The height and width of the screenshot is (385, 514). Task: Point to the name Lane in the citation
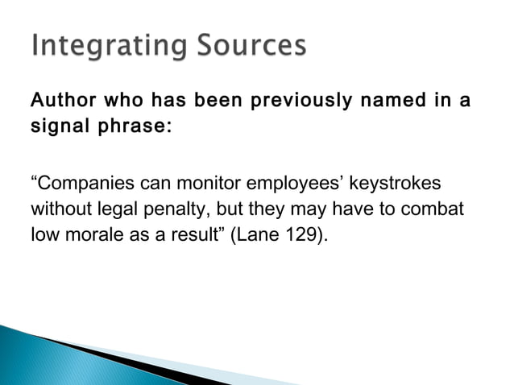click(x=247, y=236)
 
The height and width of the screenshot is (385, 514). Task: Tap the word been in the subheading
click(x=199, y=102)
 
